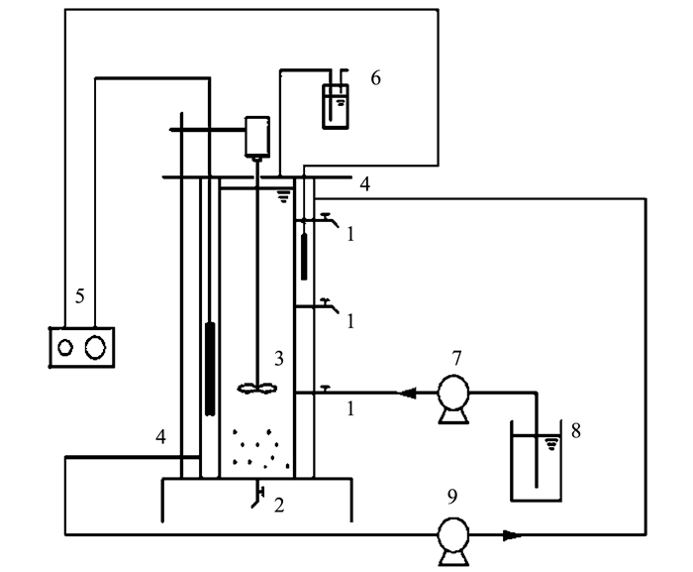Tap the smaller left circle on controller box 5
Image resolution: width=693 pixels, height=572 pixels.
[65, 347]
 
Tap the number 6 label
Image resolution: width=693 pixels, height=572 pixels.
[375, 76]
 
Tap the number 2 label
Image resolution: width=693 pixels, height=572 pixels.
[279, 506]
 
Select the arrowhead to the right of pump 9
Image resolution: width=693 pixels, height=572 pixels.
[512, 535]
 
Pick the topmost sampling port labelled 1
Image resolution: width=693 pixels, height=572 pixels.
[323, 216]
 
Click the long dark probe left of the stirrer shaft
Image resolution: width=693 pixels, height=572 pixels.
[209, 367]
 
